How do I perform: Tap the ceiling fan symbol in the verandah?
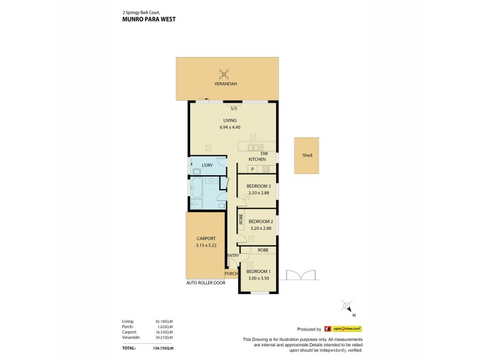224,74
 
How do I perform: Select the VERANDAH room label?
225,85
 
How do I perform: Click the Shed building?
307,155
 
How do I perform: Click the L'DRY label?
208,165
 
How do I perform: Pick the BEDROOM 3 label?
259,186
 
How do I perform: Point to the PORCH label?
231,274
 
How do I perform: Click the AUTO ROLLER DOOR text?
206,282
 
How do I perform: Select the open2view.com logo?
343,329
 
